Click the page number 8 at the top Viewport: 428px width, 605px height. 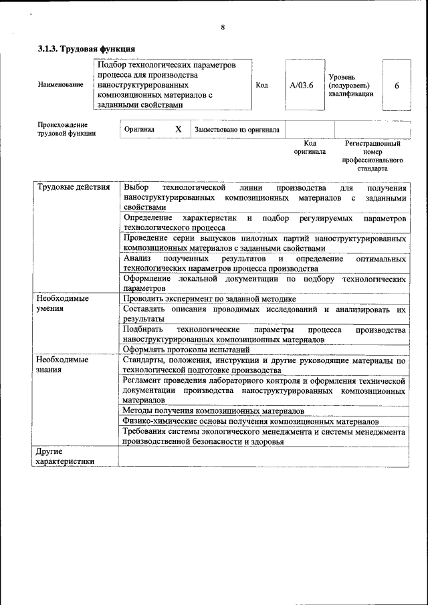[222, 27]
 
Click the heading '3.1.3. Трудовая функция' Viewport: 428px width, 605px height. [86, 49]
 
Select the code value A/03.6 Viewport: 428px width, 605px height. [302, 86]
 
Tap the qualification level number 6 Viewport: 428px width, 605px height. [397, 86]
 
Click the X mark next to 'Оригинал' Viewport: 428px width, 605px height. [179, 129]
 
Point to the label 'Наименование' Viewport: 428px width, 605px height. [61, 85]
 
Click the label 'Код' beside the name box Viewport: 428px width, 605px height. [261, 86]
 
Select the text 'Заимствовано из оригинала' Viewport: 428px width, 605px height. [237, 130]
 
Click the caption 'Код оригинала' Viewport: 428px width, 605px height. [310, 147]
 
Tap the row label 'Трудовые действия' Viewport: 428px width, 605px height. [73, 187]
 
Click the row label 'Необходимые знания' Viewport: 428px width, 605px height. [64, 364]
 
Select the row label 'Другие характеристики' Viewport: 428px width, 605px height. [65, 456]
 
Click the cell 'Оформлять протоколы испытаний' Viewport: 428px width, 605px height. [187, 349]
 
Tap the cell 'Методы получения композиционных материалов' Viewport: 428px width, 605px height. [214, 410]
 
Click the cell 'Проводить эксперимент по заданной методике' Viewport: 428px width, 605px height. [209, 299]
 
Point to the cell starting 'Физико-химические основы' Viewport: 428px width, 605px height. [251, 421]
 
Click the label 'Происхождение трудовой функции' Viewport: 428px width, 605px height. [66, 129]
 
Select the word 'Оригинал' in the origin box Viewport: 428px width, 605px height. [139, 130]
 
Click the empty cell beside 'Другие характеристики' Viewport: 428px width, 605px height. [263, 456]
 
